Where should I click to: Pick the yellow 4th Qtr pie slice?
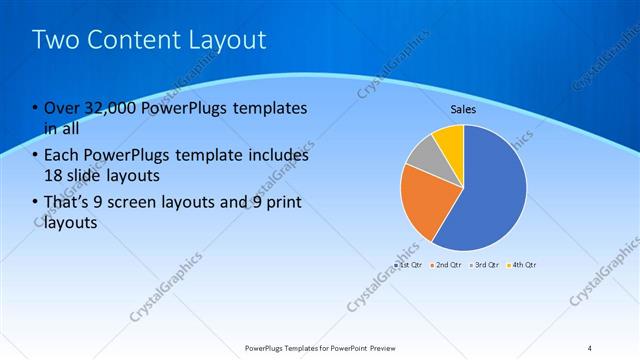pyautogui.click(x=451, y=139)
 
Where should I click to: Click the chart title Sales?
pyautogui.click(x=463, y=109)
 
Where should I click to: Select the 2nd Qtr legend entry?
pyautogui.click(x=447, y=265)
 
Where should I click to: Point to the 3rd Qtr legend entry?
pyautogui.click(x=485, y=265)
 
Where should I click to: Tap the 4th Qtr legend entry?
pyautogui.click(x=522, y=265)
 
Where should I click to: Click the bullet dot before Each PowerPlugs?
pyautogui.click(x=35, y=156)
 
